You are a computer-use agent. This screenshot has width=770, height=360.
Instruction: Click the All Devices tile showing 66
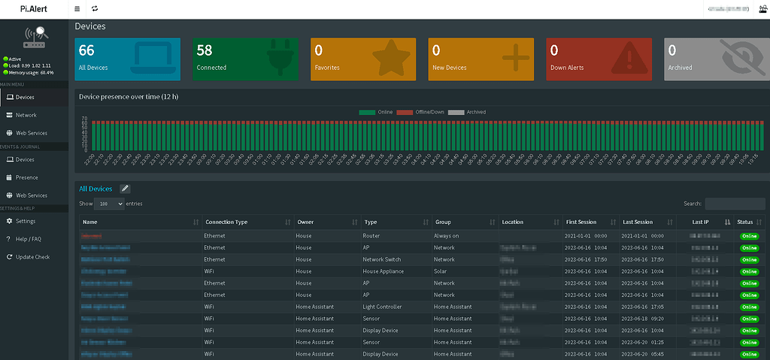tap(128, 59)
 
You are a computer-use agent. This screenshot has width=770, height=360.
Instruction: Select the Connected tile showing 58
tap(245, 59)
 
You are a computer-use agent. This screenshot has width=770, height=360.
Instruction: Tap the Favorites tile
tap(363, 59)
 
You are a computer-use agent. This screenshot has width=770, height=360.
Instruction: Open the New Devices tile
tap(480, 59)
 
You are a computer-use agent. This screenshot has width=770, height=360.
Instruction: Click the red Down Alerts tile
tap(599, 59)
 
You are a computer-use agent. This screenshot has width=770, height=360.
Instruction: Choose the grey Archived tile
tap(716, 59)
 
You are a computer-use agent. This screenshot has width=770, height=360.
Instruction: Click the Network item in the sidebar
tap(26, 115)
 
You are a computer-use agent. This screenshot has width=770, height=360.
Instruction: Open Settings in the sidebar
tap(26, 221)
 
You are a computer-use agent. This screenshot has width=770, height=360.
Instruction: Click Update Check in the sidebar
tap(32, 257)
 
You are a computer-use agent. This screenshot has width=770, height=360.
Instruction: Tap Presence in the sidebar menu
tap(26, 177)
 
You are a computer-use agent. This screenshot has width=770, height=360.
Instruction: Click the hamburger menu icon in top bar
tap(77, 9)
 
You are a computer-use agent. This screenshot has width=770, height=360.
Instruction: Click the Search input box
tap(735, 204)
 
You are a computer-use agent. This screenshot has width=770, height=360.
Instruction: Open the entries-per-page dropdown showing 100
tap(110, 204)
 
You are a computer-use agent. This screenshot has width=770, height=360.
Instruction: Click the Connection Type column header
tap(226, 222)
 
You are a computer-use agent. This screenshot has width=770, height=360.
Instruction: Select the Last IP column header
tap(701, 222)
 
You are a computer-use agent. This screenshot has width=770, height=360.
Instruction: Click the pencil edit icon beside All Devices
tap(125, 189)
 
